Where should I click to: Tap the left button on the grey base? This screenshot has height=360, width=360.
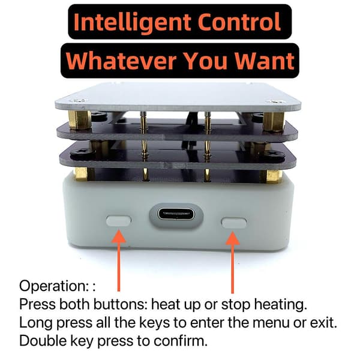pos(118,221)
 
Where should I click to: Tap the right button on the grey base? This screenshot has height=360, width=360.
pos(234,223)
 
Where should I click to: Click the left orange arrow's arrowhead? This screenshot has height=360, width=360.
pos(118,236)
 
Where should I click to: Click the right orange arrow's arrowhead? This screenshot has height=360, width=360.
pos(233,238)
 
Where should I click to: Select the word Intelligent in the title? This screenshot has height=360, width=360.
pos(132,22)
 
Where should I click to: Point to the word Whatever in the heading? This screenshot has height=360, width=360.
pos(121,61)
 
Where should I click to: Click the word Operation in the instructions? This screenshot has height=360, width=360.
pos(53,286)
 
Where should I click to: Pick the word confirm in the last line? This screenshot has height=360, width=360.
pos(181,341)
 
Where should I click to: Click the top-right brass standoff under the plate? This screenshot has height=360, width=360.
pos(274,122)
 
